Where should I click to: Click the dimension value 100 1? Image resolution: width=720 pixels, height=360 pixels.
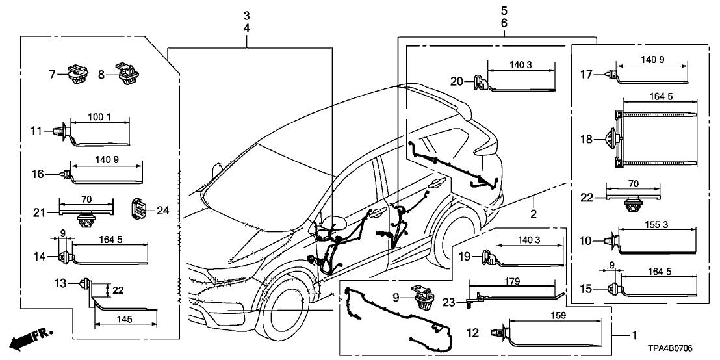(99, 117)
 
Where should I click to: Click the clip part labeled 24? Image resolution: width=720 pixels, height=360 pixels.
(140, 209)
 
